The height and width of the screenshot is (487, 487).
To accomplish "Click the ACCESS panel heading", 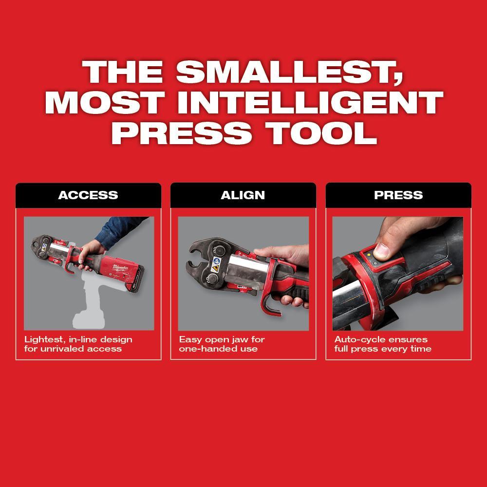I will [88, 195].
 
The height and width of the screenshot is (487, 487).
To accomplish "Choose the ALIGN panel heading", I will [243, 195].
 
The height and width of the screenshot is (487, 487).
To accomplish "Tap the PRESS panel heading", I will [398, 195].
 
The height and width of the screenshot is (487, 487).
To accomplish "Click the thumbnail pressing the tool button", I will [381, 250].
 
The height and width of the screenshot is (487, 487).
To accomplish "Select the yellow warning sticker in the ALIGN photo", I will [215, 268].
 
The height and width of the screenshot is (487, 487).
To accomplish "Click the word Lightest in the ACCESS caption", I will [42, 339].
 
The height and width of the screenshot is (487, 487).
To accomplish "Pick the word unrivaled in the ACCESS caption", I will [64, 349].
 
